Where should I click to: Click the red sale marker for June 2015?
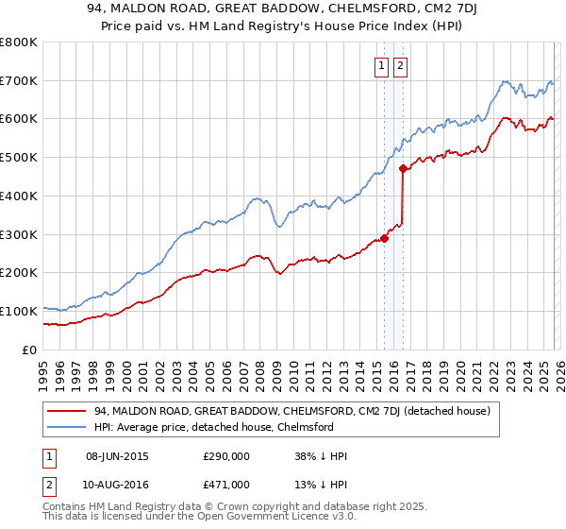pyautogui.click(x=384, y=238)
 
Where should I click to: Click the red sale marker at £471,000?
pyautogui.click(x=403, y=169)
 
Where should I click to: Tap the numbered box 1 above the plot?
pyautogui.click(x=381, y=65)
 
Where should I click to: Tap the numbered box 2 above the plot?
pyautogui.click(x=400, y=65)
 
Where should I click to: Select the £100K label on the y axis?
pyautogui.click(x=19, y=311)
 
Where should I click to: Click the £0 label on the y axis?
pyautogui.click(x=28, y=350)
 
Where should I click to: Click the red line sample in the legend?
pyautogui.click(x=68, y=412)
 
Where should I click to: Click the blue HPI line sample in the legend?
pyautogui.click(x=68, y=427)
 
